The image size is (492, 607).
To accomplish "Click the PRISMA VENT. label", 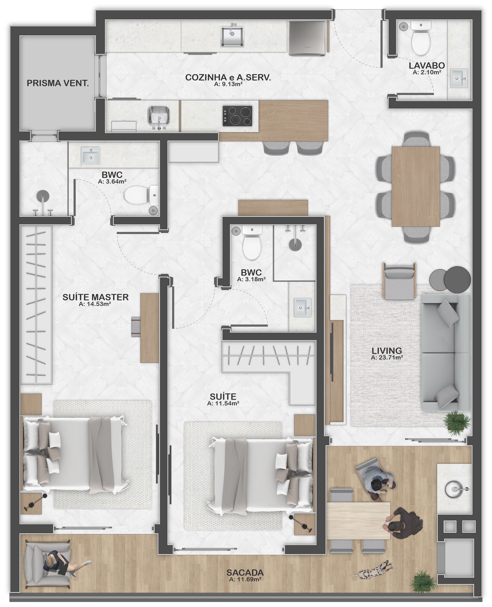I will coord(58,83).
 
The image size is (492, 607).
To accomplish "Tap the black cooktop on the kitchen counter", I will coord(237,116).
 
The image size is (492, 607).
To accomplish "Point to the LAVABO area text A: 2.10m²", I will coord(427,72).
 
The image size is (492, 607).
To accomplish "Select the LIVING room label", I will coord(387,350).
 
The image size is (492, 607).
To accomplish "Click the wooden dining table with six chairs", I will coord(415,186).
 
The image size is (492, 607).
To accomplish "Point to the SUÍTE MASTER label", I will coord(95,297).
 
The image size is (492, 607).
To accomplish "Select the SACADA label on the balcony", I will coord(245,573).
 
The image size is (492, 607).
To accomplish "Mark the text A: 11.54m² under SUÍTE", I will coord(223,403).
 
